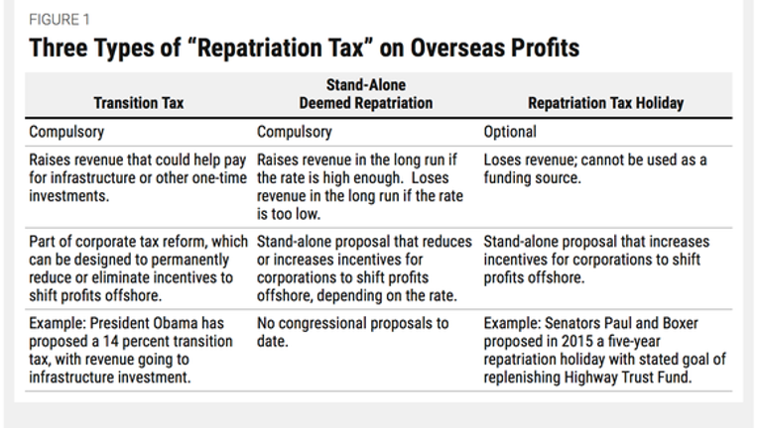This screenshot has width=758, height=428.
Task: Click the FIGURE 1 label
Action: pyautogui.click(x=60, y=19)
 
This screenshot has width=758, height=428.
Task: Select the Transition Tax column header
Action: pyautogui.click(x=139, y=103)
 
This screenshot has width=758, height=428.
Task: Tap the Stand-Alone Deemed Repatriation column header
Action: pyautogui.click(x=366, y=93)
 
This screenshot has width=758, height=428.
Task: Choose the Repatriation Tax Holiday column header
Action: pyautogui.click(x=606, y=103)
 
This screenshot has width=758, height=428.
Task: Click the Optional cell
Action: pyautogui.click(x=510, y=132)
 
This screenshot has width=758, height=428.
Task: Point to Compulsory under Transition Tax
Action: pyautogui.click(x=66, y=132)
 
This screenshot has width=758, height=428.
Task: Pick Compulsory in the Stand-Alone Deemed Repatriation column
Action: pyautogui.click(x=295, y=132)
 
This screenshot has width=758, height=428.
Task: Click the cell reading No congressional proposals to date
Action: pyautogui.click(x=353, y=332)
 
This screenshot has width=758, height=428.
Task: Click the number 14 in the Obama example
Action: pyautogui.click(x=111, y=341)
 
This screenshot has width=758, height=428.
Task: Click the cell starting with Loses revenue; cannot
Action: pyautogui.click(x=595, y=168)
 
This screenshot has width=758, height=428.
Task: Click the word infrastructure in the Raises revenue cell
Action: pyautogui.click(x=82, y=177)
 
